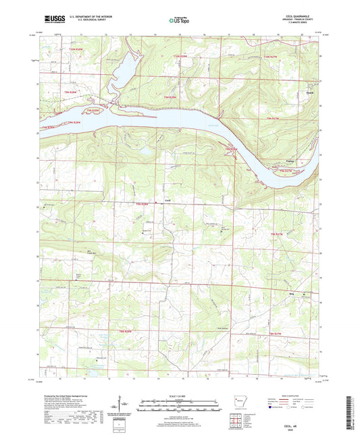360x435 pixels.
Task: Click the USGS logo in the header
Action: point(51,20)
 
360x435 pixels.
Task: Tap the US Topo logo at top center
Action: point(178,20)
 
